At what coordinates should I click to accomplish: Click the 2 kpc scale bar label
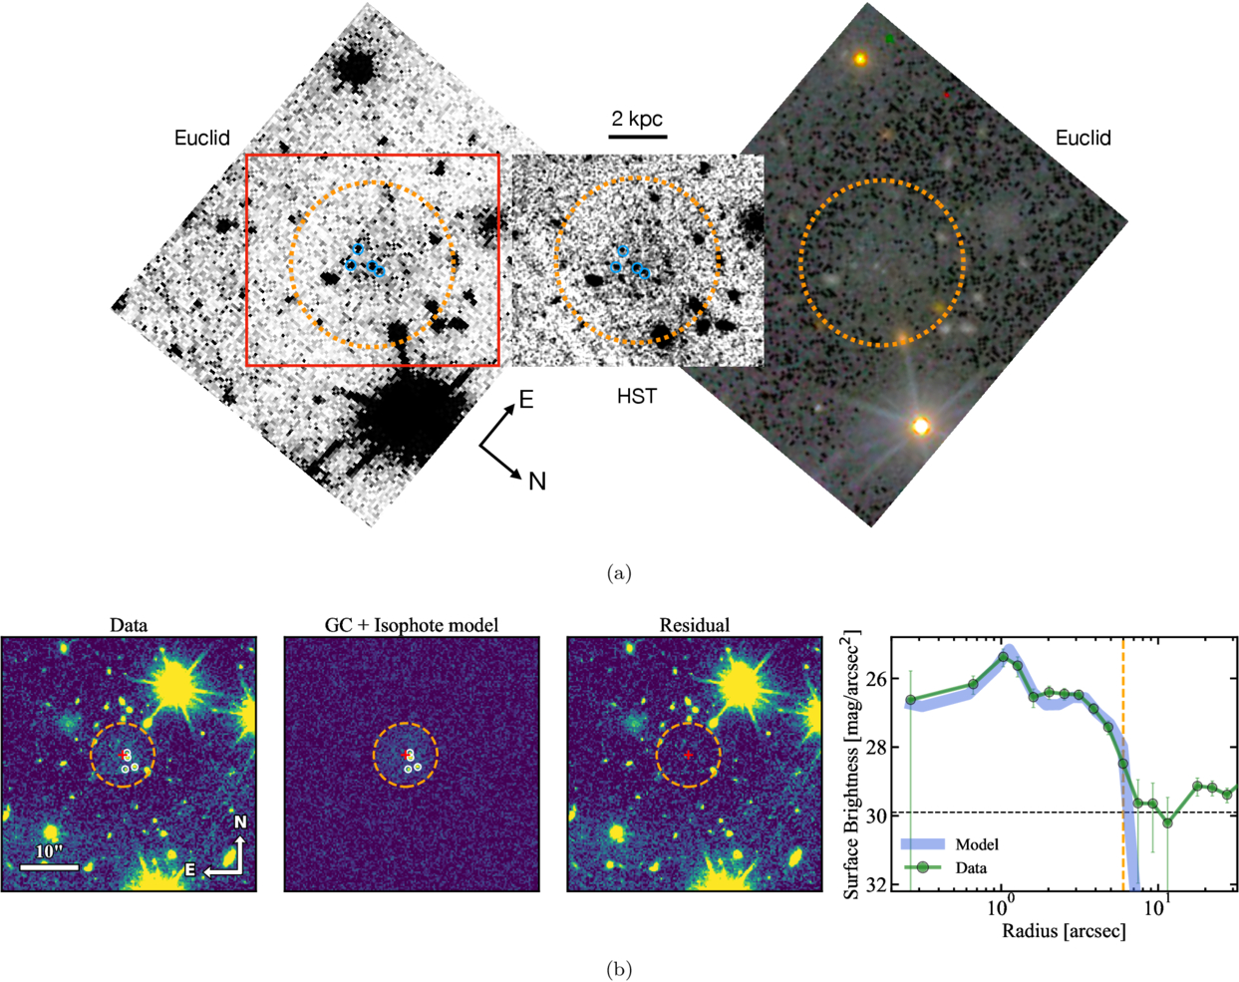coord(637,119)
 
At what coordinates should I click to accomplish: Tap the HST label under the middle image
coord(637,397)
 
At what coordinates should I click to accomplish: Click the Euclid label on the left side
coord(202,139)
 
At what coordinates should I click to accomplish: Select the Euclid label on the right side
coord(1083,139)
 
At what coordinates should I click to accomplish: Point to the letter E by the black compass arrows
coord(525,401)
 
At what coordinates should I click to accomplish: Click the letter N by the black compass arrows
coord(537,482)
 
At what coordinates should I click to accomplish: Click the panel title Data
coord(129,625)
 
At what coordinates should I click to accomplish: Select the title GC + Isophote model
coord(412,625)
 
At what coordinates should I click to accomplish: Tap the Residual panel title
coord(695,625)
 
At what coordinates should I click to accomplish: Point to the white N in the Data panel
coord(240,822)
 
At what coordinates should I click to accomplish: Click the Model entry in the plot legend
coord(977,844)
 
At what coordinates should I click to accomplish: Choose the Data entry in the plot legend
coord(971,867)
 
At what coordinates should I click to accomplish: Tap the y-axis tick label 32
coord(877,885)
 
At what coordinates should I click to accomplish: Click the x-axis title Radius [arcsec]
coord(1066,931)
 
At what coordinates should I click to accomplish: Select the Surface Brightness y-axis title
coord(852,764)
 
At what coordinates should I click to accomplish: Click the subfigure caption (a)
coord(619,573)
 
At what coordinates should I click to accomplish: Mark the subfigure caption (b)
coord(619,968)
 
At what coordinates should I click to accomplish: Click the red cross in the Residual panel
coord(689,756)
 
